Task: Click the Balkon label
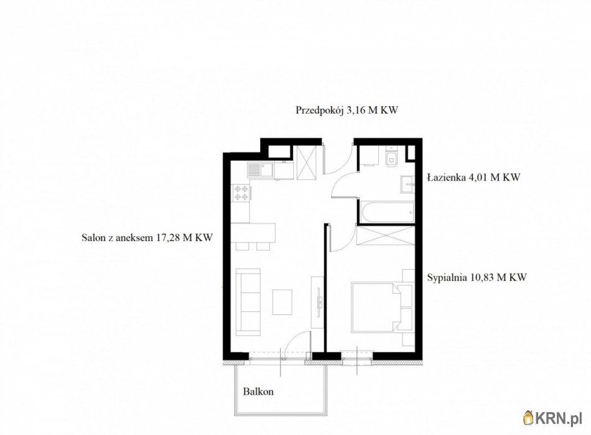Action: pyautogui.click(x=258, y=392)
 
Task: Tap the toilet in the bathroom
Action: pyautogui.click(x=391, y=160)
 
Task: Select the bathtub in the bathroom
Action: pyautogui.click(x=386, y=211)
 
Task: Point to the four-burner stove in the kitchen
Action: pyautogui.click(x=241, y=193)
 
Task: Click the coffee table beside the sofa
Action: pyautogui.click(x=283, y=301)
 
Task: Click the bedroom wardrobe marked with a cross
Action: pyautogui.click(x=385, y=236)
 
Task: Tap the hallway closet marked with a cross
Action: pyautogui.click(x=307, y=160)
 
